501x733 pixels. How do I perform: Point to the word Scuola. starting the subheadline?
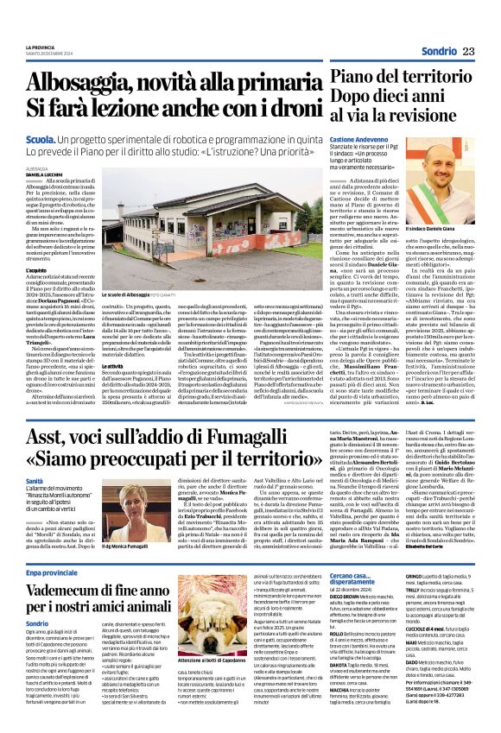[42, 137]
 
